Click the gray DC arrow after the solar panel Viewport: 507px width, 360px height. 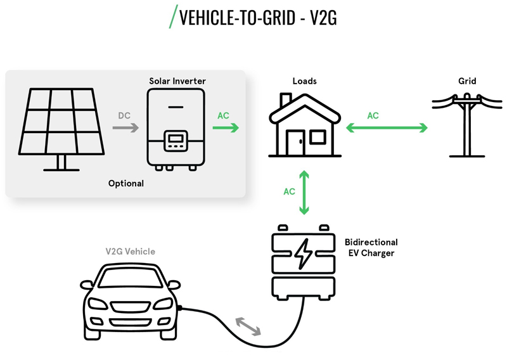125,128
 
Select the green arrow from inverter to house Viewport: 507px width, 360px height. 226,128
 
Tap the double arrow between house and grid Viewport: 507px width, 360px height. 387,128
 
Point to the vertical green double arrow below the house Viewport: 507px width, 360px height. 304,193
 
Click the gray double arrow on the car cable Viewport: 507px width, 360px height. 248,326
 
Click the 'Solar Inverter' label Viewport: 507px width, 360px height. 177,81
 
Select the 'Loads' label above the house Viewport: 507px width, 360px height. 305,81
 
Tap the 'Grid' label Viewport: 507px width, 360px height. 467,81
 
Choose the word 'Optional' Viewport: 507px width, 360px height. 126,183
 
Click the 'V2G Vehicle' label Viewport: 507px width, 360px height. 131,252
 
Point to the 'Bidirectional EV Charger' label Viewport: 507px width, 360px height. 371,247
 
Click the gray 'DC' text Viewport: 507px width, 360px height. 124,115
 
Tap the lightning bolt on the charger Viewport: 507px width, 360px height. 304,254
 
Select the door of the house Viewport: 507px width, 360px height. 295,143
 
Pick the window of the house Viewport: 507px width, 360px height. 318,137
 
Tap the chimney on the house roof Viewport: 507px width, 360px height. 285,100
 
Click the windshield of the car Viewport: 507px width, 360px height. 131,278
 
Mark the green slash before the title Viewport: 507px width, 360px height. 174,16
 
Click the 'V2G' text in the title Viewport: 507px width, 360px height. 323,18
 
